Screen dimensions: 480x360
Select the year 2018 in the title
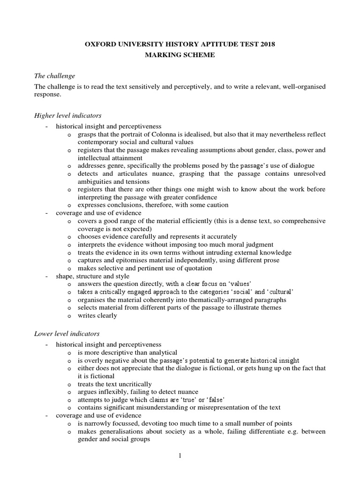266,45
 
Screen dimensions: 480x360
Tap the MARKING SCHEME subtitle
180,55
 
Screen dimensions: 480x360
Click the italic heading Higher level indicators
67,115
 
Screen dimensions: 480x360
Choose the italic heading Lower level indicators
67,333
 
